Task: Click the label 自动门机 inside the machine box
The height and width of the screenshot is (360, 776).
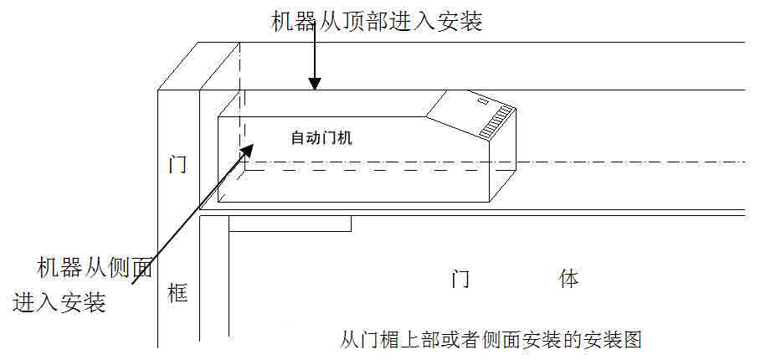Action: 321,138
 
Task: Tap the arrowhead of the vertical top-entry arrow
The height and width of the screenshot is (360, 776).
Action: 314,82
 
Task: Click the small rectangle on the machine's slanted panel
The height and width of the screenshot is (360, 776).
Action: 482,101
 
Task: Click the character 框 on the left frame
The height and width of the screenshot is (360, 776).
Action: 177,293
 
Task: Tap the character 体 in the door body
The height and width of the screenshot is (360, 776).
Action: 569,279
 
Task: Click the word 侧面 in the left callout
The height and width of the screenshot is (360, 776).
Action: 132,268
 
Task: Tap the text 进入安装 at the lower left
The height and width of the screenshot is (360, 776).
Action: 59,301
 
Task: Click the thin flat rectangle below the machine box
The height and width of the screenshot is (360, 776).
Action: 290,224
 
